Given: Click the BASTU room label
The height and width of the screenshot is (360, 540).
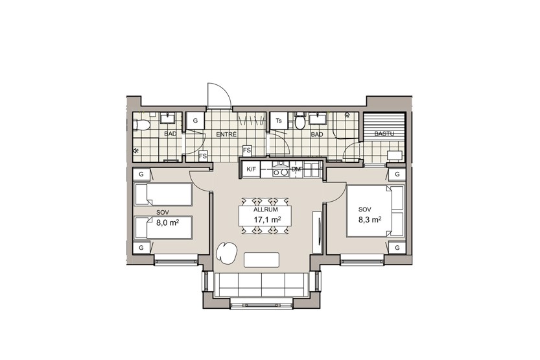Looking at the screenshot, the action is pos(384,134).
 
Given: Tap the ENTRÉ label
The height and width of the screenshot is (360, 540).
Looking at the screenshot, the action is pos(226,134).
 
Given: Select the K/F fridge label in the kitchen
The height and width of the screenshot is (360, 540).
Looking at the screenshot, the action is pos(251,169).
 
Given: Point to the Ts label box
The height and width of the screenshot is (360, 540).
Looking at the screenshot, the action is pos(279,121).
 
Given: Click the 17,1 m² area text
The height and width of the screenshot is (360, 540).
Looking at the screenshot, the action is pos(267,219).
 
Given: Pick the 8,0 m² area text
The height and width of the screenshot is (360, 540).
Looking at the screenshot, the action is pos(167,222).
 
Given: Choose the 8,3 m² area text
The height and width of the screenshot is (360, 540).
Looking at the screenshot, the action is pos(370,219).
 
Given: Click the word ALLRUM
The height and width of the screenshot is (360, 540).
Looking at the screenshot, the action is pos(265,210).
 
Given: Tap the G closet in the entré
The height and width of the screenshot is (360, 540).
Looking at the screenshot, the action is pos(195,121).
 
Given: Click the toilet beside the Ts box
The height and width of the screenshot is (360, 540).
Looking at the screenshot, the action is pos(300,121).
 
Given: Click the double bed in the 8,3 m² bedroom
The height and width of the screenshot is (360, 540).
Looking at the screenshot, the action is pos(375,211).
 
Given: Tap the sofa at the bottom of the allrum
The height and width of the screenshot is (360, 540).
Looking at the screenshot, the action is pos(261,285).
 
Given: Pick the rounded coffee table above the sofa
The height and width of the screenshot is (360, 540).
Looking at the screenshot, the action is pos(261,259).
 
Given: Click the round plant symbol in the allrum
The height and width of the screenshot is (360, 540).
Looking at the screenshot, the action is pos(226,253).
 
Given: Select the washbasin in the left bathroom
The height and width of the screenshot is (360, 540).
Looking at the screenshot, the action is pos(169,118).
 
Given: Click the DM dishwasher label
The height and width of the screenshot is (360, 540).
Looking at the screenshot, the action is pos(296,169).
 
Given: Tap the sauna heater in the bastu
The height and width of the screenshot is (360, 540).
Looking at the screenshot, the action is pos(395,156).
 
